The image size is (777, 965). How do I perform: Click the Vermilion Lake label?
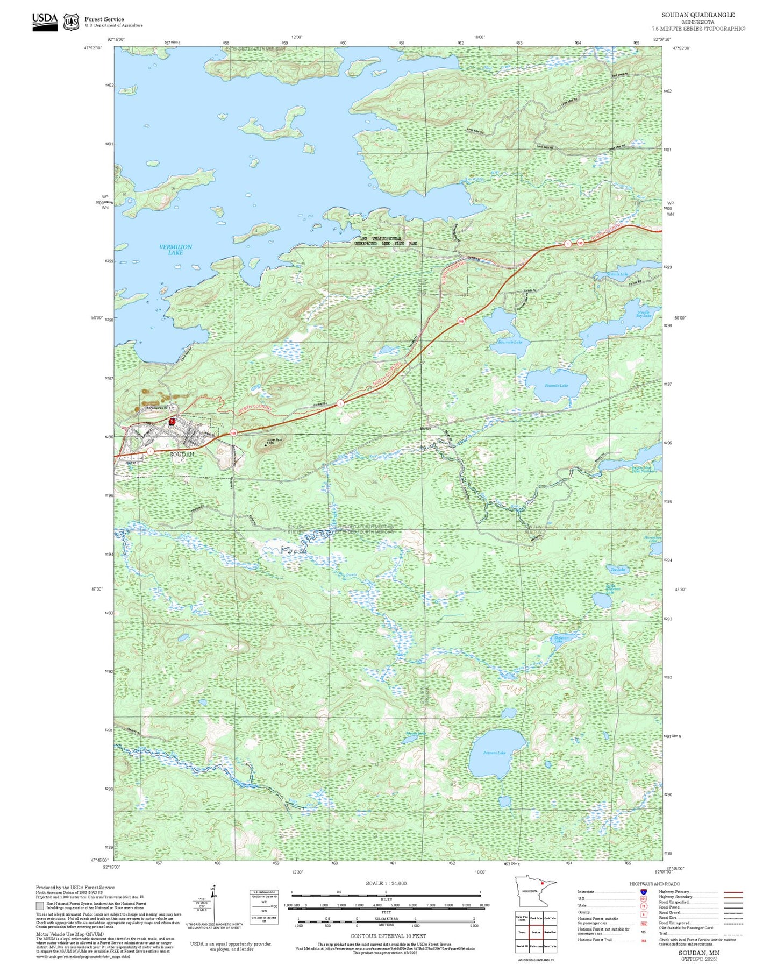tap(175, 250)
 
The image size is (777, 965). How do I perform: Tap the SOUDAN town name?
tap(182, 455)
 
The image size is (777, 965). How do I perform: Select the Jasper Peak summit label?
tap(274, 441)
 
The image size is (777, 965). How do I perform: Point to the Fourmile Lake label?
tap(510, 342)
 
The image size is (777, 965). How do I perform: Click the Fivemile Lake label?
tap(556, 386)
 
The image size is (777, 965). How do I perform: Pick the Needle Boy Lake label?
tap(643, 314)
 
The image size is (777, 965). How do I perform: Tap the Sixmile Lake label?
tap(617, 274)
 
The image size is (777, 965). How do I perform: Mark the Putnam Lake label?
tap(494, 753)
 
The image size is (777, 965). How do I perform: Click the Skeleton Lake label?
tap(561, 639)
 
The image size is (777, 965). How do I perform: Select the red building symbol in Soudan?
tap(172, 422)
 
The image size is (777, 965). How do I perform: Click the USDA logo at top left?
tap(45, 22)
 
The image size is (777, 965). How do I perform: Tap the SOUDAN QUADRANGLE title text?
tap(697, 15)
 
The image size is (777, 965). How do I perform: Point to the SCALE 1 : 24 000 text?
tap(386, 883)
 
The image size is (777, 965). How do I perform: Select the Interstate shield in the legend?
tap(643, 892)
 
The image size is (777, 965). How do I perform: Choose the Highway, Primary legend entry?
tap(675, 892)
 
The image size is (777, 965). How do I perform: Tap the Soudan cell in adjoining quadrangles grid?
tap(536, 932)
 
